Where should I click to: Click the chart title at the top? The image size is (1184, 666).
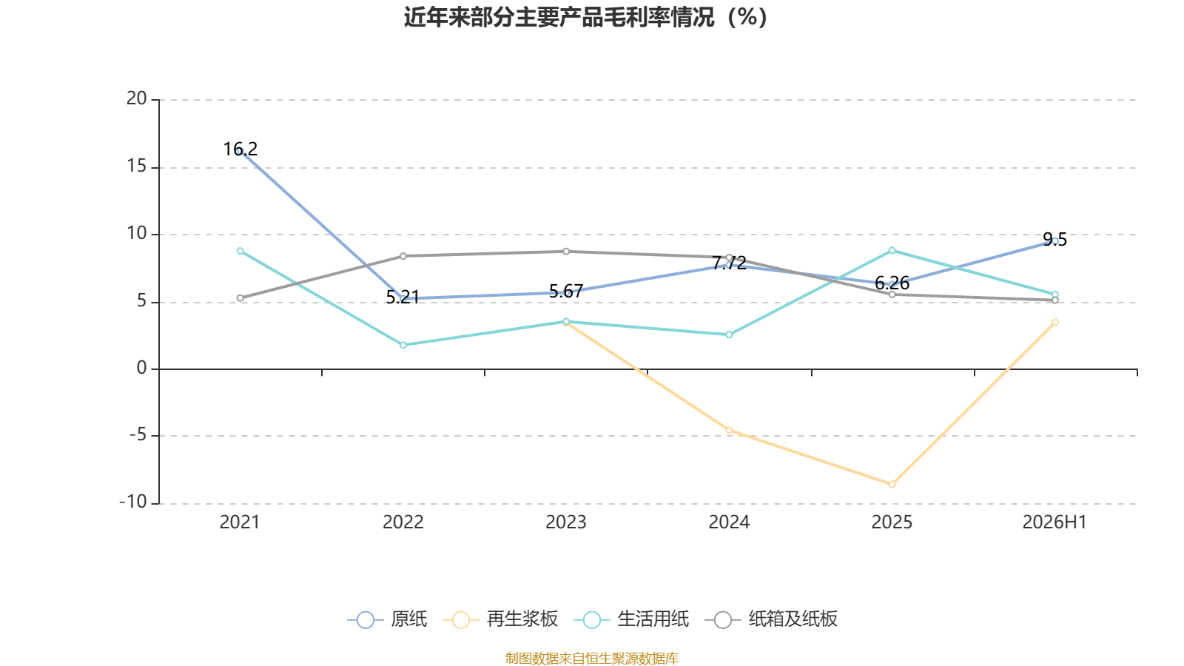pos(585,18)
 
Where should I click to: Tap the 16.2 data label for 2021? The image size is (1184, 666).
pos(240,149)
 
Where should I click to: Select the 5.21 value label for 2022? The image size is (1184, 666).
pos(403,297)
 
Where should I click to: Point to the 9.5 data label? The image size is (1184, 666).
pos(1054,240)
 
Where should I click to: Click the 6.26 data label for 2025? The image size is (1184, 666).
pos(892,283)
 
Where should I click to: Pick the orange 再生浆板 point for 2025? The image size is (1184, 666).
pos(892,484)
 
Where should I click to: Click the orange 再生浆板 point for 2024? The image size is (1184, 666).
pos(729,430)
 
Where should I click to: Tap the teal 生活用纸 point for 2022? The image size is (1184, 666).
pos(403,345)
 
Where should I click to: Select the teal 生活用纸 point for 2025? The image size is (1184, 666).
pos(892,251)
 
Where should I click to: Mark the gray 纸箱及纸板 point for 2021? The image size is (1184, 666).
pos(240,298)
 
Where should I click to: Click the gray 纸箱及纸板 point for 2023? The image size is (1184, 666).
pos(566,252)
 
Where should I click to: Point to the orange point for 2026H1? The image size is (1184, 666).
pos(1054,323)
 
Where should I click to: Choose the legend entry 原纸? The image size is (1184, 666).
pos(387,619)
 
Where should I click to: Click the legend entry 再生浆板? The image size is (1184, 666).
pos(500,619)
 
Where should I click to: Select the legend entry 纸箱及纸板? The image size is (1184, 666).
pos(771,619)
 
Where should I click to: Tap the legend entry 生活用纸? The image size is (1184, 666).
pos(631,619)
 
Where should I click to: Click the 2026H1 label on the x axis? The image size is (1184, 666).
pos(1054,522)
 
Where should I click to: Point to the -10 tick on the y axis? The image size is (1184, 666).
pos(133,502)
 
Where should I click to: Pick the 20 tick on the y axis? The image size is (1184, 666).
pos(136,98)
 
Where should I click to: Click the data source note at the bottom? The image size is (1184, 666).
pos(591,658)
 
